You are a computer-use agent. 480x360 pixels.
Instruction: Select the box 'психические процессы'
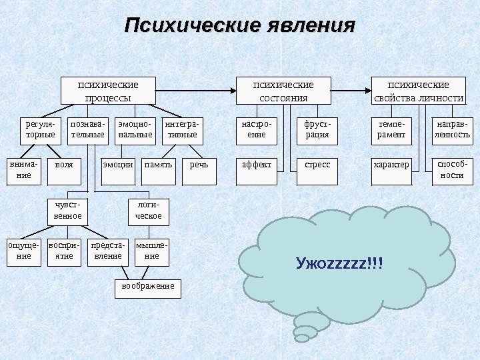pyautogui.click(x=108, y=91)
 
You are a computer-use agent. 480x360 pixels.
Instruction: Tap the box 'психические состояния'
pyautogui.click(x=283, y=91)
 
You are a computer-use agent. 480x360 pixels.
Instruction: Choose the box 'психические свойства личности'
pyautogui.click(x=418, y=91)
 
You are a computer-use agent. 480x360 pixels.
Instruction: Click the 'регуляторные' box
pyautogui.click(x=40, y=129)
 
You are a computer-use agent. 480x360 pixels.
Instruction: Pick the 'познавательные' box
pyautogui.click(x=87, y=129)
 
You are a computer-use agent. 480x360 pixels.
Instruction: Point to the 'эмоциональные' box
pyautogui.click(x=135, y=129)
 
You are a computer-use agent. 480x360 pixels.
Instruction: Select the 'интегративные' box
pyautogui.click(x=182, y=129)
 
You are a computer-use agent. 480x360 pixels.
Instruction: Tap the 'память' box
pyautogui.click(x=158, y=165)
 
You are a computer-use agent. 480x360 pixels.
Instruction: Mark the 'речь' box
pyautogui.click(x=199, y=165)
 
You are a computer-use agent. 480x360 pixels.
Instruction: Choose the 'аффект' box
pyautogui.click(x=256, y=165)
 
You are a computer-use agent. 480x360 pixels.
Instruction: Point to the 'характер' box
pyautogui.click(x=391, y=165)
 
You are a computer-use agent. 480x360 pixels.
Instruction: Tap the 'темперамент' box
pyautogui.click(x=391, y=129)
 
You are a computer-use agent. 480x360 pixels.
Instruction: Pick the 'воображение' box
pyautogui.click(x=147, y=287)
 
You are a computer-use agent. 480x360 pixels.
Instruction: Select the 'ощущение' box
pyautogui.click(x=23, y=251)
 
